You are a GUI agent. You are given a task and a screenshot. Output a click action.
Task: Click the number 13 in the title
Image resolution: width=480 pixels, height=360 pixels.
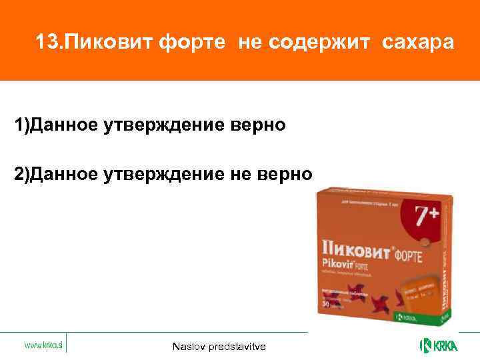point(49,43)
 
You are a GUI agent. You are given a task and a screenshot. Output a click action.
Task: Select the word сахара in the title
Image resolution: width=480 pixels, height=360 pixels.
point(418,43)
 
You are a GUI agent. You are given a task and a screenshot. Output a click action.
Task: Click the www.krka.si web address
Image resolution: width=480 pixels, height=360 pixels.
point(44,345)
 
